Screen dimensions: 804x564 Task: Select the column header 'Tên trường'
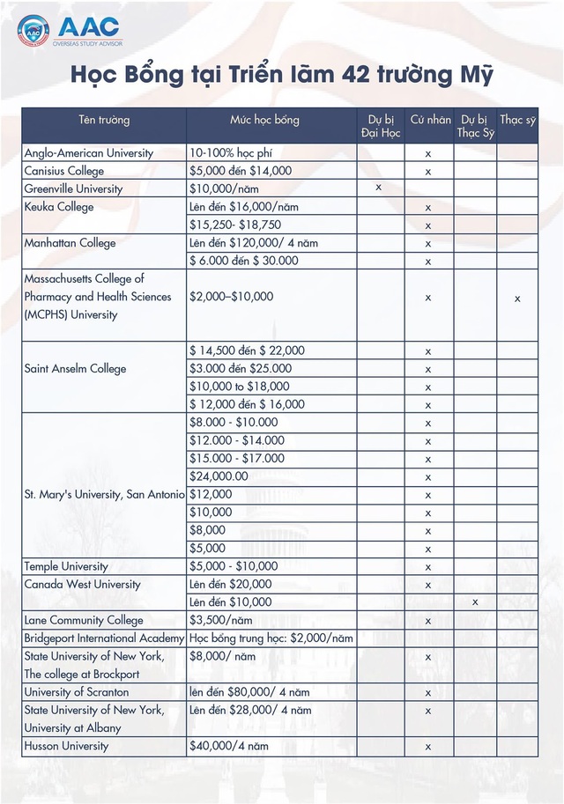click(x=103, y=120)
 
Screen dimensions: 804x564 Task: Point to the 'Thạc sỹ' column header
click(x=517, y=120)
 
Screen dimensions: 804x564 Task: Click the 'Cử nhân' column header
click(x=430, y=120)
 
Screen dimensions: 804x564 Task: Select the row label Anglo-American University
click(x=89, y=153)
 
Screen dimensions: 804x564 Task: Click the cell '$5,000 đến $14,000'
click(x=240, y=171)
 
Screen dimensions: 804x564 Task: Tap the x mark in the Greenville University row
click(x=378, y=188)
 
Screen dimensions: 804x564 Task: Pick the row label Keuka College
click(x=59, y=207)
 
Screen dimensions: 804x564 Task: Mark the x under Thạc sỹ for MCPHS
click(x=517, y=298)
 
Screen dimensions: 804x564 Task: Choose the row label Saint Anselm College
click(x=75, y=369)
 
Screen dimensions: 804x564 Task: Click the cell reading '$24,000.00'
click(x=219, y=476)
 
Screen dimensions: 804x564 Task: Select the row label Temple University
click(x=66, y=566)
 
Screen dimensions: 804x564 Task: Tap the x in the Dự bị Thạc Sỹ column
click(x=475, y=602)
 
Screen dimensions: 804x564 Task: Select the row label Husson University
click(x=67, y=746)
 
